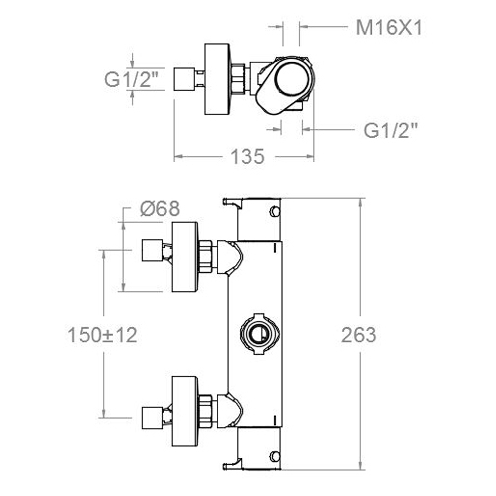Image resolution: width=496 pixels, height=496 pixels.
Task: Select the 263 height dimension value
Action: [359, 335]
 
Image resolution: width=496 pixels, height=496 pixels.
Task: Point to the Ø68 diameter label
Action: [160, 209]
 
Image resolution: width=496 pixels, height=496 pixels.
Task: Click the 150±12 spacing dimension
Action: [102, 335]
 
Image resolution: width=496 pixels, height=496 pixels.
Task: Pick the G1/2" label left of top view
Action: [131, 79]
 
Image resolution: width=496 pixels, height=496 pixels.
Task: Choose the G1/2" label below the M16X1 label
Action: [390, 131]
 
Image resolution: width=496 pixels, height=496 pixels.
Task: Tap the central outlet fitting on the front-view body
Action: [260, 334]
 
